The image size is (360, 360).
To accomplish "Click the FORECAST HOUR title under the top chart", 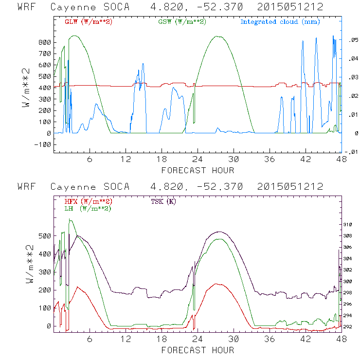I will coord(198,170).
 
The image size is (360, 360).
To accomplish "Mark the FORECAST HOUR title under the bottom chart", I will coord(198,350).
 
